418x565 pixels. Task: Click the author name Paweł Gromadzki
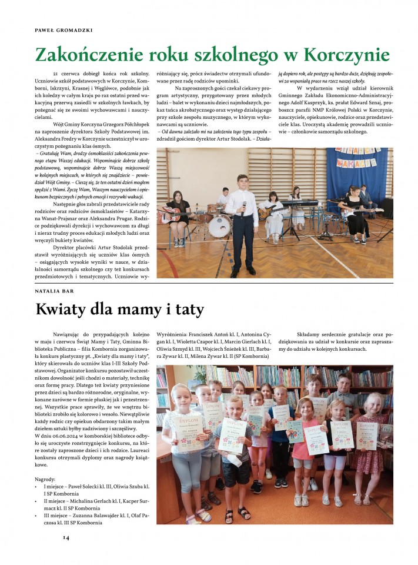tap(56, 29)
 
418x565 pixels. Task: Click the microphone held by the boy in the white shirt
tap(244, 210)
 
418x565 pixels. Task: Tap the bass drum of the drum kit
tap(219, 225)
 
